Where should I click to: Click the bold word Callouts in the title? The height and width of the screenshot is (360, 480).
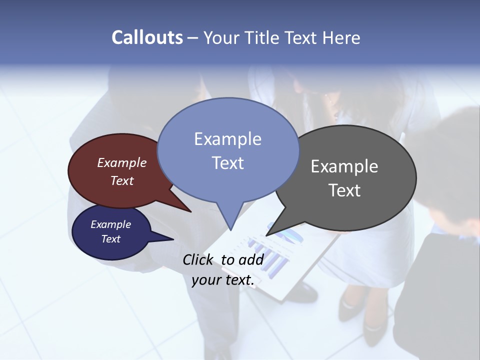147,37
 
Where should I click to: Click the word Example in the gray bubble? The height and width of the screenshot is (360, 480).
344,166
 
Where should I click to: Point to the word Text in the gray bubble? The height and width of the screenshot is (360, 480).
344,190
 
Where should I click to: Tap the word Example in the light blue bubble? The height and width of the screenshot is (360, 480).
227,139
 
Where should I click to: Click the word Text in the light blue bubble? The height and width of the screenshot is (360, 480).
227,163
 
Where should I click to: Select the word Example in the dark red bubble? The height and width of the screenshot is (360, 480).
122,162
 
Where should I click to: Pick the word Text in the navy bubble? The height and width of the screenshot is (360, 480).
111,239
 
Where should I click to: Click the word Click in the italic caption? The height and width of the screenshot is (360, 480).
199,259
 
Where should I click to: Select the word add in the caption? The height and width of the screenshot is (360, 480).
251,259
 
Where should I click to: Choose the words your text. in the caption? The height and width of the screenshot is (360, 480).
223,280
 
